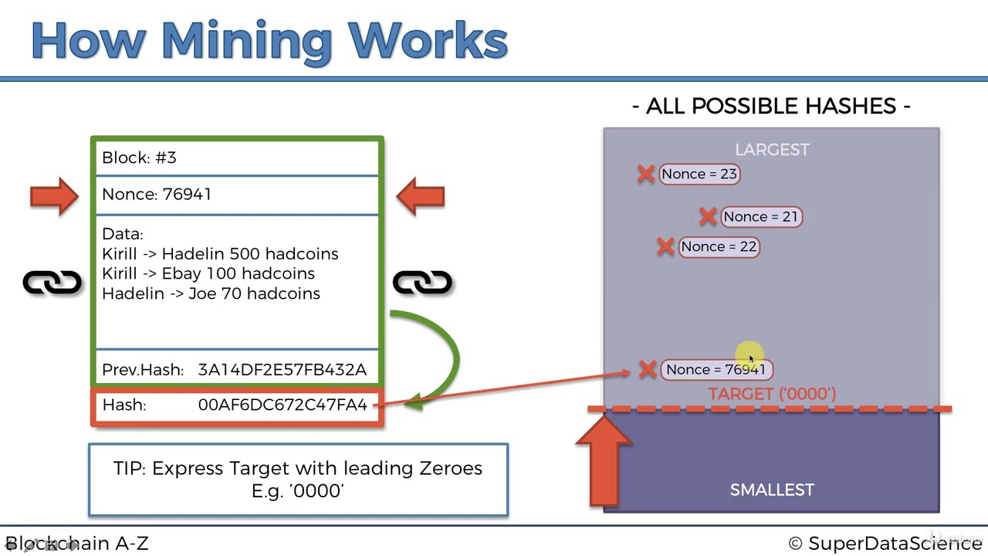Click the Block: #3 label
coord(139,158)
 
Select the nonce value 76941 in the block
coord(187,194)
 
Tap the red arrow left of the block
coord(54,196)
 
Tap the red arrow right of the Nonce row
coord(421,196)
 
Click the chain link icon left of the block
coord(52,283)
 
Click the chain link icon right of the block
coord(422,283)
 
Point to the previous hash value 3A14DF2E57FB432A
coord(283,370)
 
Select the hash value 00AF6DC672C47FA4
coord(283,405)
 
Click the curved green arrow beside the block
coord(455,353)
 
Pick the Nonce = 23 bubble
coord(699,174)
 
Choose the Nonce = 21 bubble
coord(761,217)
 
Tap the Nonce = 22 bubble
coord(719,246)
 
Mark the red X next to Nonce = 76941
coord(648,369)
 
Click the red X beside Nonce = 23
coord(646,174)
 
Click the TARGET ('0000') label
coord(773,394)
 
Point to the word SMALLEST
coord(772,490)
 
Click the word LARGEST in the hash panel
coord(772,150)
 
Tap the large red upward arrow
coord(604,461)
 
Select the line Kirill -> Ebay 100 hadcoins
coord(208,273)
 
